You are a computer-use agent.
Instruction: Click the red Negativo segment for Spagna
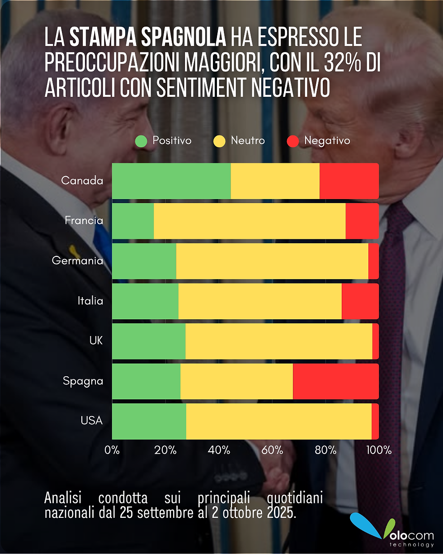[335, 381]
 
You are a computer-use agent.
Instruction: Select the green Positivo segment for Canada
[171, 181]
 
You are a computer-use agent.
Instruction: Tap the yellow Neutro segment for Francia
[250, 221]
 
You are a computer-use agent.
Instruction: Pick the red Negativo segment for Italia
[360, 301]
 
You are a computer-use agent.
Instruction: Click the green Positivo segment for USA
[149, 421]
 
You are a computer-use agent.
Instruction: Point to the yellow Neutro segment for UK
[278, 341]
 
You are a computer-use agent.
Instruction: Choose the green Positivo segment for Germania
[144, 261]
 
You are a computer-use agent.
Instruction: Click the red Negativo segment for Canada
[349, 181]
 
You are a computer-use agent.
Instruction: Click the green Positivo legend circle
[142, 141]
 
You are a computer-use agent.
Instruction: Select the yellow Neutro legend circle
[219, 141]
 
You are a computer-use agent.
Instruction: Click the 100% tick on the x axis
[378, 450]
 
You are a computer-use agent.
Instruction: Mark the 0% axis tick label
[112, 450]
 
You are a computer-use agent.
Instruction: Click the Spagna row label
[83, 381]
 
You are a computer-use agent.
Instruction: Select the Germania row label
[77, 261]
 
